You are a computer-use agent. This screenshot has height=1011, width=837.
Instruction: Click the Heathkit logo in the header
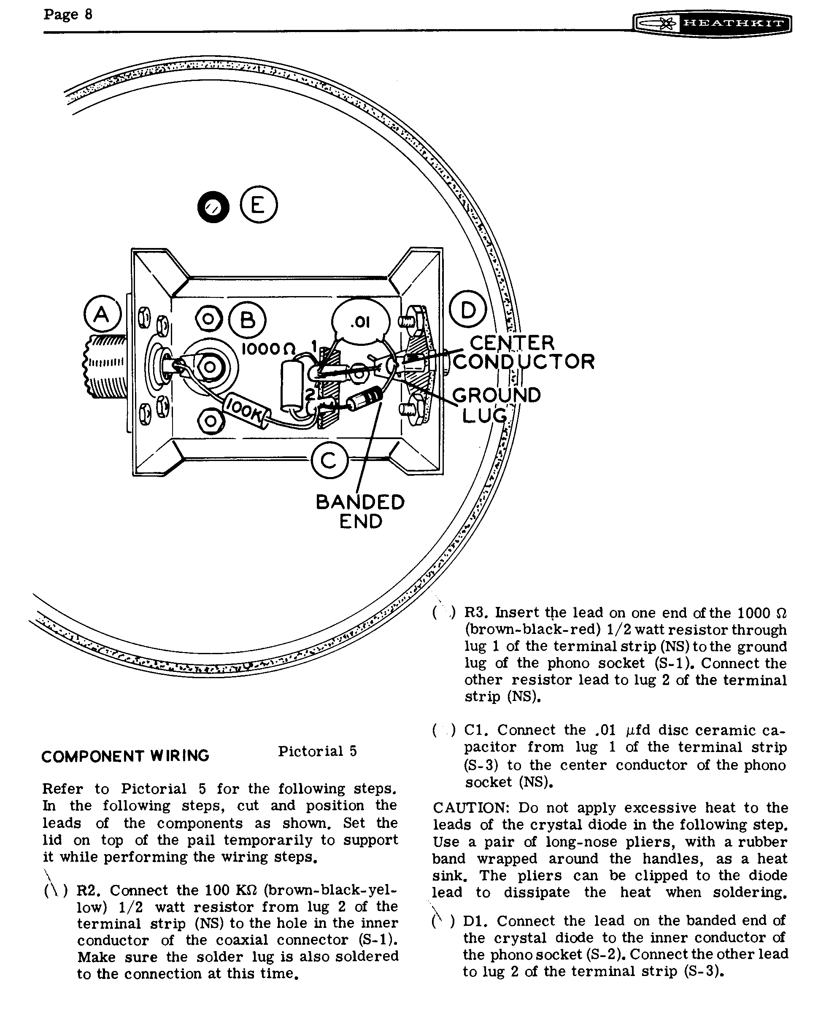712,24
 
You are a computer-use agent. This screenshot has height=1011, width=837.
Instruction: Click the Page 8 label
67,14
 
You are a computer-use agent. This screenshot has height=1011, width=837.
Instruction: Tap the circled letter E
259,205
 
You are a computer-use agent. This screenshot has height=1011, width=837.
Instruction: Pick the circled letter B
247,320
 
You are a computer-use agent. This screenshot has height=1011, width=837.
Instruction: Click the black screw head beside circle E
213,207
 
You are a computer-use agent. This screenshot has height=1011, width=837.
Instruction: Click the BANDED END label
360,511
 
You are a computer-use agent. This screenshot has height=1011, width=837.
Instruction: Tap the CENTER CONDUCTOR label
524,352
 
